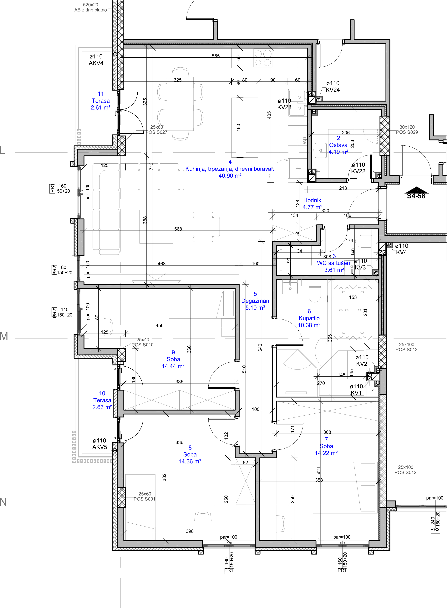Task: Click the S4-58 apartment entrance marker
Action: pos(416,193)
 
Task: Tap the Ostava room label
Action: pos(338,145)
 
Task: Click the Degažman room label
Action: pos(255,301)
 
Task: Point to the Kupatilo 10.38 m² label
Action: pos(309,318)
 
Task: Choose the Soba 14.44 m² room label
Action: pos(173,359)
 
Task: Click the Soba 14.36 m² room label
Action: pos(190,454)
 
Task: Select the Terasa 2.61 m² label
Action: pos(101,101)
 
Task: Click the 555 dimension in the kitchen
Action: pos(216,56)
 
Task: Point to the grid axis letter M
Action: pos(4,336)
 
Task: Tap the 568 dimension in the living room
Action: pos(178,229)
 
